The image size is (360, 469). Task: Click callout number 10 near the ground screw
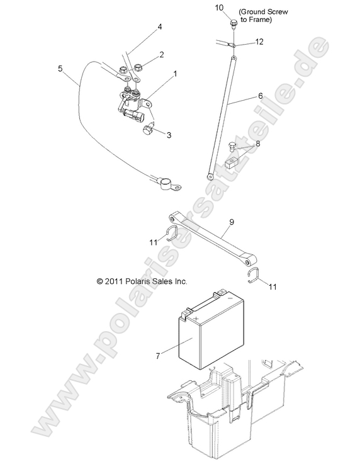coord(219,8)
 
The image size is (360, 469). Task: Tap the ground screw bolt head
coord(233,22)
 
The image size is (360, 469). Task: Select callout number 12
coord(259,42)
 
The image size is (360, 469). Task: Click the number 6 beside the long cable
coord(261,96)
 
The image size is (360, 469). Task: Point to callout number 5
coord(60,69)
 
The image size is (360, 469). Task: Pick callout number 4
coord(160,27)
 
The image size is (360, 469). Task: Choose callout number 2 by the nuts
coord(162,55)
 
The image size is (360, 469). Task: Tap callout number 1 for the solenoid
coord(175,73)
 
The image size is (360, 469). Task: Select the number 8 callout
coord(258,144)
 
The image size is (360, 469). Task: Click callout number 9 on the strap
coord(232,222)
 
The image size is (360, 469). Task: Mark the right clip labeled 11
coord(254,275)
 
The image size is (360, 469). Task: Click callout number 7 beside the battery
coord(158,356)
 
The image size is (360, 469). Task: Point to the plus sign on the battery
coord(196,319)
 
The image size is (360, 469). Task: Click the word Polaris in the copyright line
coord(137,281)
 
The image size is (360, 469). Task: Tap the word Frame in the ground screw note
coord(259,20)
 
